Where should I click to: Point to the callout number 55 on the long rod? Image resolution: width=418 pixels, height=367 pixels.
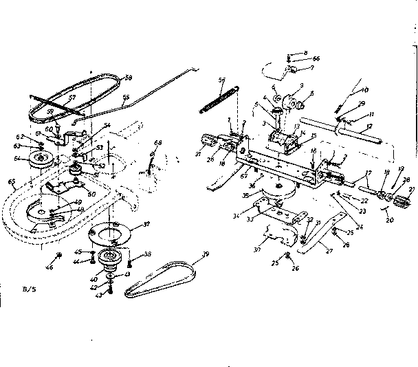(x=125, y=98)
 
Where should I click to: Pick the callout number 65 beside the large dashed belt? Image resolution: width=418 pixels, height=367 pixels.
(x=11, y=182)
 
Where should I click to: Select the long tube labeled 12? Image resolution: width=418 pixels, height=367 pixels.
(x=364, y=131)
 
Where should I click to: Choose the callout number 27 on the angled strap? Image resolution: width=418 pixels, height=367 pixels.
(x=329, y=252)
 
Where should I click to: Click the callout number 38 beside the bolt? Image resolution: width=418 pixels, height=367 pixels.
(x=148, y=254)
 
